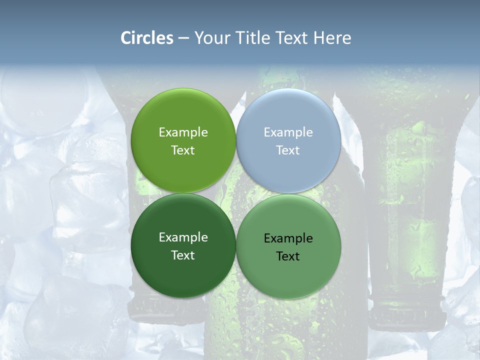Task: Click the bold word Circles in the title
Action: coord(147,38)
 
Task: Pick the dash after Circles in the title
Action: coord(183,38)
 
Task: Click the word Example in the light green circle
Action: coord(183,132)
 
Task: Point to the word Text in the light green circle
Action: coord(183,150)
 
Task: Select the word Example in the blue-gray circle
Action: coord(288,132)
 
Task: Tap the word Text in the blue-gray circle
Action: coord(288,150)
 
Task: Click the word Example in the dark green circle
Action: coord(183,237)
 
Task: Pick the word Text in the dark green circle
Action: coord(183,255)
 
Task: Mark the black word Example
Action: coord(288,238)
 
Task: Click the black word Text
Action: coord(288,256)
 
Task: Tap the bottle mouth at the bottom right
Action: coord(406,315)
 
